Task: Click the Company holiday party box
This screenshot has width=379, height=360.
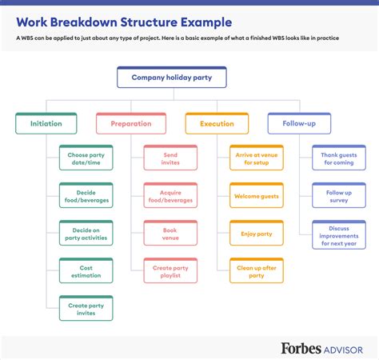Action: (171, 78)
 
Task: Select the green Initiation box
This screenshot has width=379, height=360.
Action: (46, 124)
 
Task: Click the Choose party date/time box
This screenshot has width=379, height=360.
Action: (86, 158)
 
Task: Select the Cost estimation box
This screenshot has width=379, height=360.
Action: (86, 271)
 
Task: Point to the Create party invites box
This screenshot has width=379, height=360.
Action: (86, 309)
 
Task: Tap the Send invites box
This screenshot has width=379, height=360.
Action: (170, 158)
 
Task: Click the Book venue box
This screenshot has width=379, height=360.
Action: (170, 234)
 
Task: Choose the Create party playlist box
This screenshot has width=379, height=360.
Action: (170, 271)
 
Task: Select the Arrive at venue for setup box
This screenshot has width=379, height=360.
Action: (256, 158)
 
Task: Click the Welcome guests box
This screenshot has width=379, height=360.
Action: (256, 195)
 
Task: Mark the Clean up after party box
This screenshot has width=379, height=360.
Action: (256, 271)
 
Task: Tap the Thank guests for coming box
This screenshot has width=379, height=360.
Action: (338, 158)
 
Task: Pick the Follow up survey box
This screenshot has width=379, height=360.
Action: (338, 195)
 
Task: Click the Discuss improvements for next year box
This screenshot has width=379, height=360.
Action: (338, 235)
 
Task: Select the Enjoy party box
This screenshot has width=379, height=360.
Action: (256, 234)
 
